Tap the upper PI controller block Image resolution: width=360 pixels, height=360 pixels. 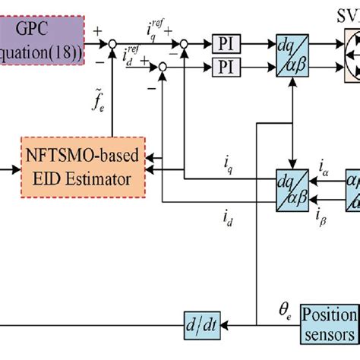[x=226, y=43]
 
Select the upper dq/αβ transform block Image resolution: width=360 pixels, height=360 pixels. [x=292, y=56]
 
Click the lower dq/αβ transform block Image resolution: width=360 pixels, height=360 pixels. [x=292, y=182]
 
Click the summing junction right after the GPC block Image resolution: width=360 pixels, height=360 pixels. [x=112, y=43]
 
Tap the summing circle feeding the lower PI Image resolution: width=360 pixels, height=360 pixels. [x=160, y=68]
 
